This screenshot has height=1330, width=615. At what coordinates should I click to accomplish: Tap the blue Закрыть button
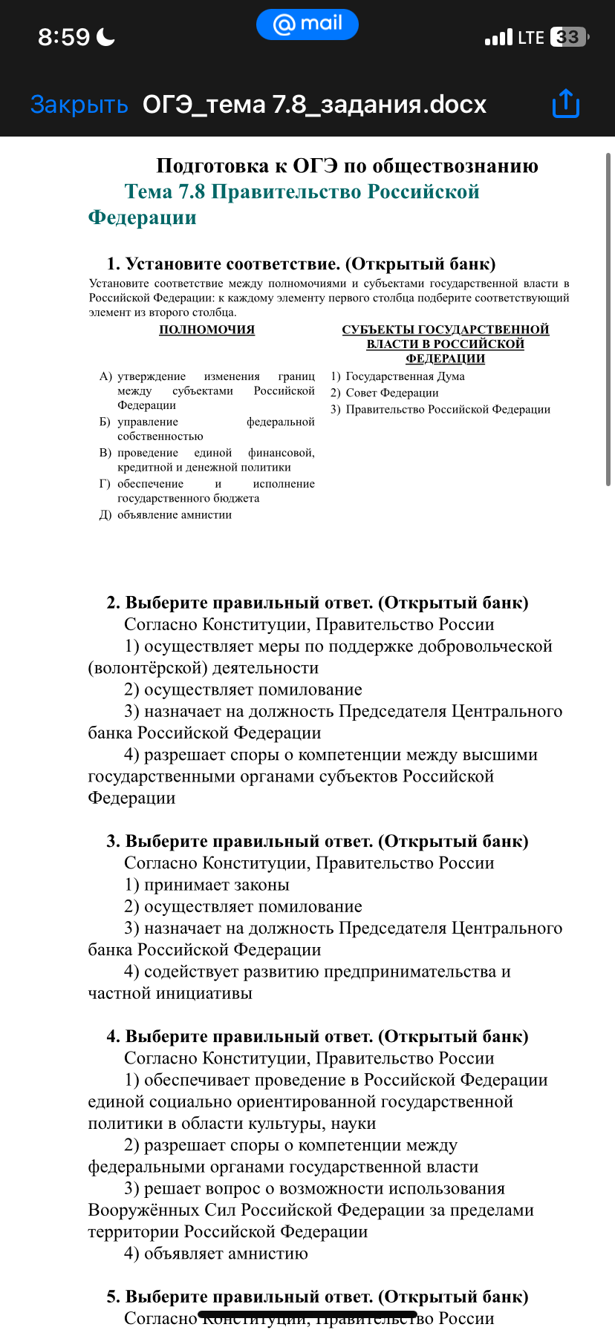coord(79,105)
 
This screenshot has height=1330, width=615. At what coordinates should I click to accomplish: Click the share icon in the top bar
coord(566,104)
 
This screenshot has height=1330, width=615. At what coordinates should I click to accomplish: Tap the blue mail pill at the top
coord(307,24)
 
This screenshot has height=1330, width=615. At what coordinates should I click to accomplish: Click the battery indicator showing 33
coord(568,37)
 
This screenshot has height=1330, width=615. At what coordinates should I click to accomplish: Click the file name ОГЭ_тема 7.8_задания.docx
coord(314,105)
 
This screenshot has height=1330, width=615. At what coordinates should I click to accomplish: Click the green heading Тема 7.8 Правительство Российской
coord(302,191)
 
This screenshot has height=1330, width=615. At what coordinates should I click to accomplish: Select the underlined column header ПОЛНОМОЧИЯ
coord(206,330)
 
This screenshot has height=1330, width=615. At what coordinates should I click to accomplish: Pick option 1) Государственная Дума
coord(398,376)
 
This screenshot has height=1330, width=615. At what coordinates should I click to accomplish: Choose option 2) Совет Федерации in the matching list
coord(385,393)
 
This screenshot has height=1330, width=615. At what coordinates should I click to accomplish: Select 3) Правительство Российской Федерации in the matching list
coord(440,409)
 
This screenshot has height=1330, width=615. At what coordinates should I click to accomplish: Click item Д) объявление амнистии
coord(166,514)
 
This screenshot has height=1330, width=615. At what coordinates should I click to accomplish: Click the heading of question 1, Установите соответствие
coord(301,264)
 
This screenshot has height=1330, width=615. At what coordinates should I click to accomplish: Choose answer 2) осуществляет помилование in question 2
coord(243,689)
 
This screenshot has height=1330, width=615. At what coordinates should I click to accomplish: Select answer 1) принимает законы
coord(206,885)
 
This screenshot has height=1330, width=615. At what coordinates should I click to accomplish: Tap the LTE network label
coord(530,37)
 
